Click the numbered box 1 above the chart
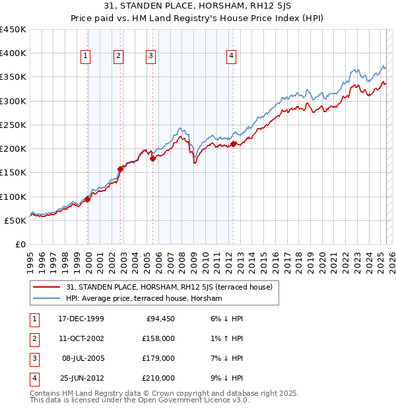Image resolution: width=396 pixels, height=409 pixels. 86,57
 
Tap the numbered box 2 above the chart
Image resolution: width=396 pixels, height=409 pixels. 118,57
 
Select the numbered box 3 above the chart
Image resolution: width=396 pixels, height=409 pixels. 151,57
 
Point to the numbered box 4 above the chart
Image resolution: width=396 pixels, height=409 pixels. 232,57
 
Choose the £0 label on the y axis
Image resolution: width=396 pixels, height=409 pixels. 20,244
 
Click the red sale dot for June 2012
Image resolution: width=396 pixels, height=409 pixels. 234,144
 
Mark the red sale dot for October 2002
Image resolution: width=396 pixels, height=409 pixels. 121,169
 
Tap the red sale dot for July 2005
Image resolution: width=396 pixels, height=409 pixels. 152,158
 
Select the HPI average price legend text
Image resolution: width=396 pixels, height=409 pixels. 144,298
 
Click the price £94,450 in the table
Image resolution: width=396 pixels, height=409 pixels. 159,319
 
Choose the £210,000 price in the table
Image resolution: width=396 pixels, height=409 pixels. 159,378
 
